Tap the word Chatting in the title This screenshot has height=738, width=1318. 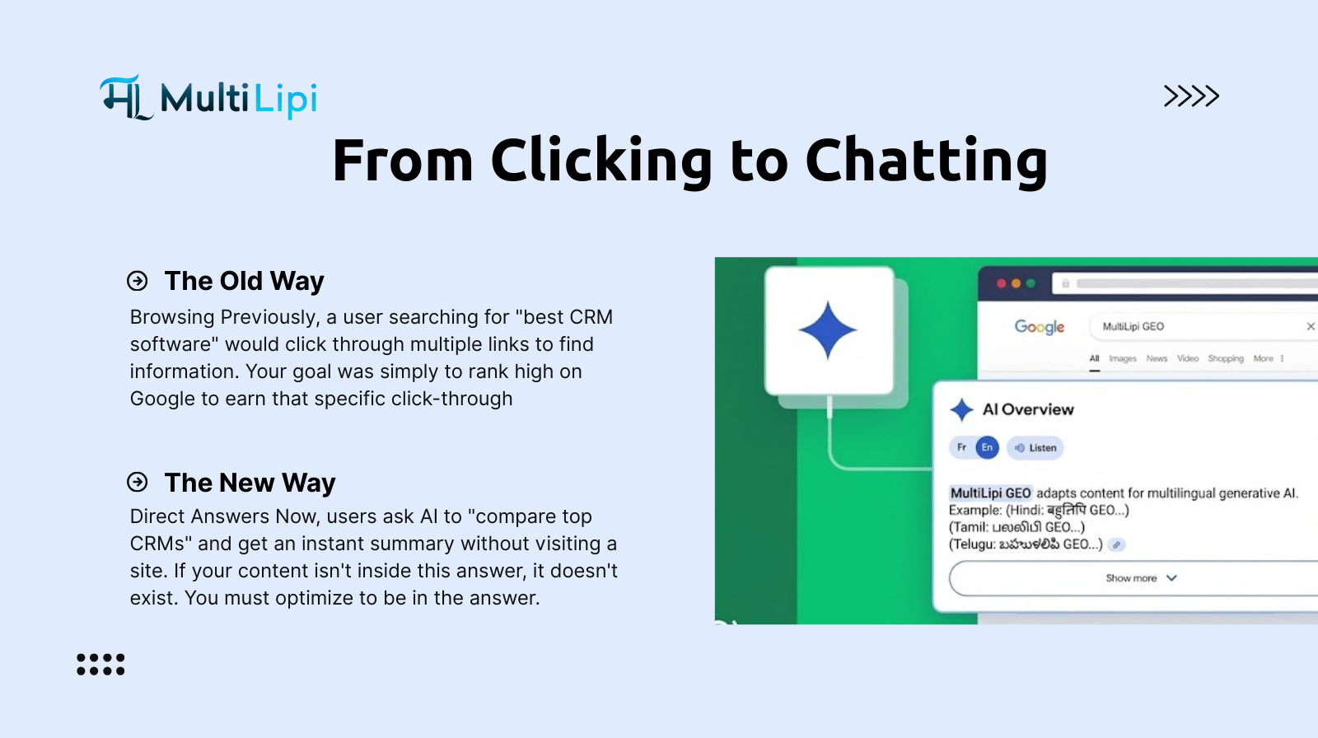pyautogui.click(x=926, y=161)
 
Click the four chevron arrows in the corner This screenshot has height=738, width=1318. pyautogui.click(x=1191, y=96)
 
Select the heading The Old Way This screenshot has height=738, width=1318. pyautogui.click(x=244, y=281)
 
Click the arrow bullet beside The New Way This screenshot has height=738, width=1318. pyautogui.click(x=137, y=482)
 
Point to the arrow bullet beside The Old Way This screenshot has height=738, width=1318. pyautogui.click(x=137, y=281)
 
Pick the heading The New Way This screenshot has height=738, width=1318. pyautogui.click(x=250, y=483)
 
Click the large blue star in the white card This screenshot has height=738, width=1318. pyautogui.click(x=828, y=330)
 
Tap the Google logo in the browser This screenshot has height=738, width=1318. pyautogui.click(x=1039, y=327)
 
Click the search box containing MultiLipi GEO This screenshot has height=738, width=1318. pyautogui.click(x=1203, y=327)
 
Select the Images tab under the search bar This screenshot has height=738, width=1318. pyautogui.click(x=1123, y=358)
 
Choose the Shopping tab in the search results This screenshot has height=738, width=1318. pyautogui.click(x=1226, y=358)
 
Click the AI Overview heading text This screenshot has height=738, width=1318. pyautogui.click(x=1028, y=409)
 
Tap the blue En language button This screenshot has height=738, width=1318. pyautogui.click(x=988, y=448)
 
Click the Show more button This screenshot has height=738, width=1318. pyautogui.click(x=1133, y=578)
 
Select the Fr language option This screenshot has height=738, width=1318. pyautogui.click(x=961, y=447)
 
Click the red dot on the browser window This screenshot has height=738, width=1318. pyautogui.click(x=1002, y=283)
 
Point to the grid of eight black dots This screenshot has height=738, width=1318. pyautogui.click(x=100, y=665)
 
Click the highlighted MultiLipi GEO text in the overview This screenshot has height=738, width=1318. pyautogui.click(x=991, y=493)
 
